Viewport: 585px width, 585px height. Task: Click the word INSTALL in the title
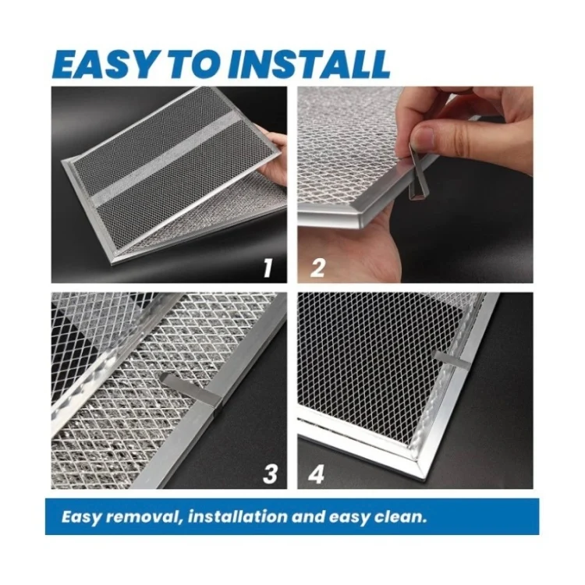click(308, 64)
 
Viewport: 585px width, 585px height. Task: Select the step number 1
click(268, 268)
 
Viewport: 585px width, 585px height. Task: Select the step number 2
click(317, 268)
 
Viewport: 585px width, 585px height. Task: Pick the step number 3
click(270, 473)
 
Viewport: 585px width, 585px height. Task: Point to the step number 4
click(317, 473)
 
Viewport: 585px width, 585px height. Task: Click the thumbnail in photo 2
click(422, 137)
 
